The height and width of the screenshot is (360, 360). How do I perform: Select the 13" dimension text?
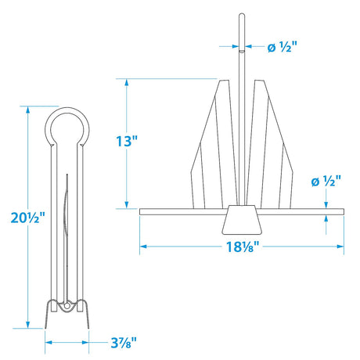(124, 142)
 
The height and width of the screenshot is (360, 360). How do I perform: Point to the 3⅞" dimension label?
(123, 341)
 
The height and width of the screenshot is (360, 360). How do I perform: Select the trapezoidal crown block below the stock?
(241, 221)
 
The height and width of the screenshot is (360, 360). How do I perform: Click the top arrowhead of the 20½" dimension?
(29, 109)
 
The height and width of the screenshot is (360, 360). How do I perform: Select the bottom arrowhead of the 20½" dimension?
(29, 323)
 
